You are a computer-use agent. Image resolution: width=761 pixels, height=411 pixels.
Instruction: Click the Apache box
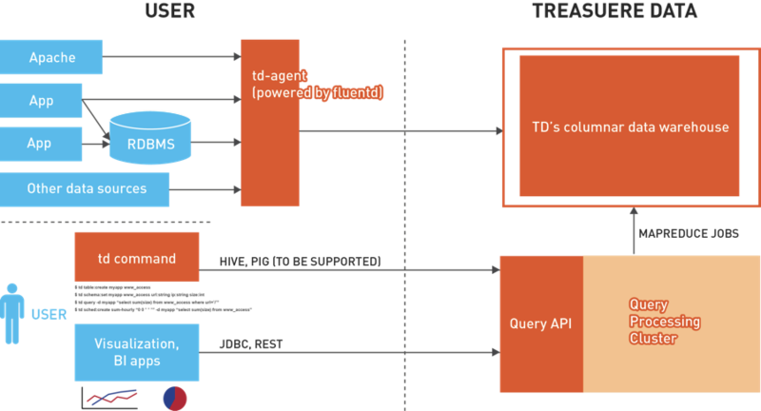point(51,57)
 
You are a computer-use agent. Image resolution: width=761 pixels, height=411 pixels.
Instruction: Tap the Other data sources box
point(86,188)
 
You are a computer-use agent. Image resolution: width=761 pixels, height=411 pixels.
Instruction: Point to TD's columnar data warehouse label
point(630,127)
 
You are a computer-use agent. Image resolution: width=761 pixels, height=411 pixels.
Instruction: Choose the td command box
point(137,258)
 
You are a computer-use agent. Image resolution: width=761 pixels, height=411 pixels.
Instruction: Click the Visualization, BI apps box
point(137,351)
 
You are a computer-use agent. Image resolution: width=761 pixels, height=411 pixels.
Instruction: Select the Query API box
point(540,323)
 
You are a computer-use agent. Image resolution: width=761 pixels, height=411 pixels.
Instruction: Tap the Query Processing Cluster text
point(664,322)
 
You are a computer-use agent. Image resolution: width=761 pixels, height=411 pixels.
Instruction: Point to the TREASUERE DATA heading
point(614,12)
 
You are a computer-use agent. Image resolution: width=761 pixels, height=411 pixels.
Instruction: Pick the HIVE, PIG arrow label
point(301,260)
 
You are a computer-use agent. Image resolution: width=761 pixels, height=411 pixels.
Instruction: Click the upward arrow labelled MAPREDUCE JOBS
point(634,234)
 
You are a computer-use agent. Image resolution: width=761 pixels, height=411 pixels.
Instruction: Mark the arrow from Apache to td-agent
point(171,57)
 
